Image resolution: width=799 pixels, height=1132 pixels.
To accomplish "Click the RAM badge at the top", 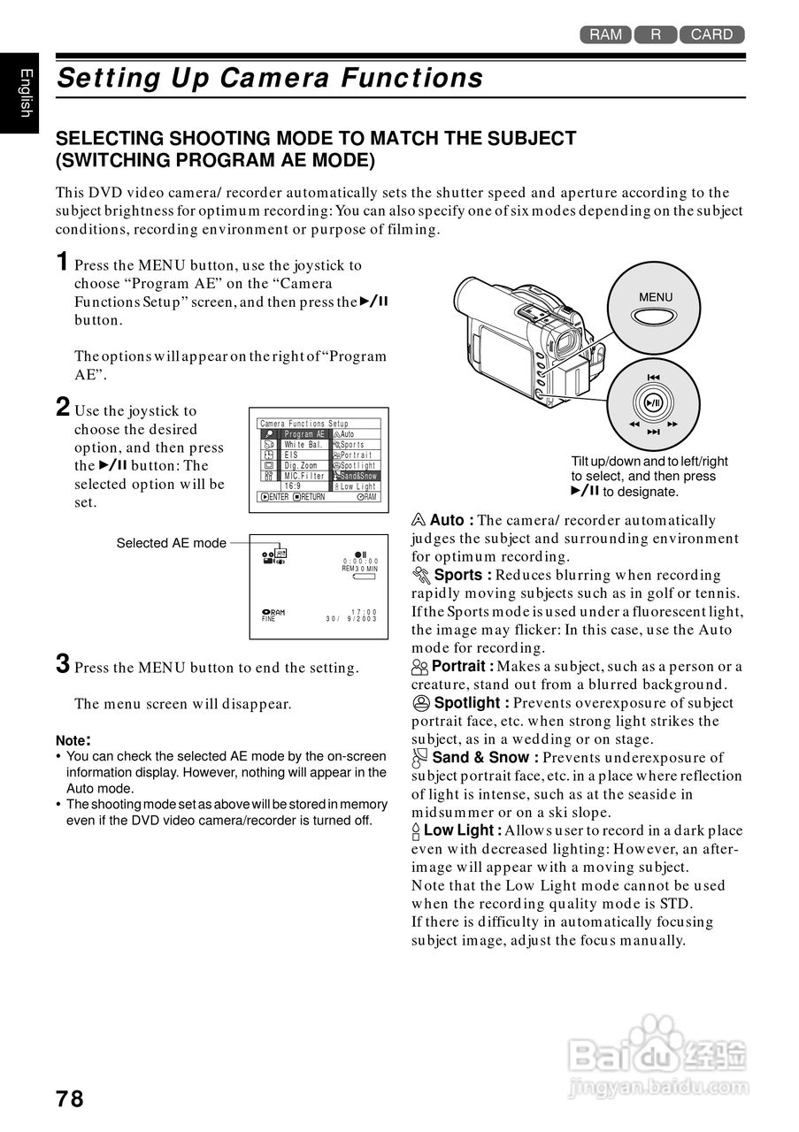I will (x=605, y=34).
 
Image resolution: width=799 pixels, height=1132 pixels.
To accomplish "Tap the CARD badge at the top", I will (x=711, y=34).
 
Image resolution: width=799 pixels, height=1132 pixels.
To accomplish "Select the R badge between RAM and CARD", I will (x=656, y=34).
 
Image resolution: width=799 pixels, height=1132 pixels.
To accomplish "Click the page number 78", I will (x=70, y=1098).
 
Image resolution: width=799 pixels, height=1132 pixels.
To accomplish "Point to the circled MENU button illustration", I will (x=655, y=307).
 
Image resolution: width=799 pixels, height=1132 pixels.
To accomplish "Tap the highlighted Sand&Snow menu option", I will (x=356, y=476).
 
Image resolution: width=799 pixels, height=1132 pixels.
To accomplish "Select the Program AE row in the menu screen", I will (x=304, y=434).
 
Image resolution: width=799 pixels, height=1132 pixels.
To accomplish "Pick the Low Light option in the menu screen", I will (x=356, y=486).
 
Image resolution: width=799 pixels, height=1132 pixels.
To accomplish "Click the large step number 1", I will (x=63, y=262).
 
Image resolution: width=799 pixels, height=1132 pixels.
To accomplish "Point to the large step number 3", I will (x=63, y=664).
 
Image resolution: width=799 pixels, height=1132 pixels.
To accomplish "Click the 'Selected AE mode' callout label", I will (x=171, y=543).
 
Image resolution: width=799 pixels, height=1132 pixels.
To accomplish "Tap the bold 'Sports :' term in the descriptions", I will (x=463, y=575).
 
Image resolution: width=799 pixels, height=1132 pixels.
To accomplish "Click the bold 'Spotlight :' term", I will (x=471, y=703).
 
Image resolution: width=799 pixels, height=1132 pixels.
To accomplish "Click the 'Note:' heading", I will (x=73, y=740).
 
